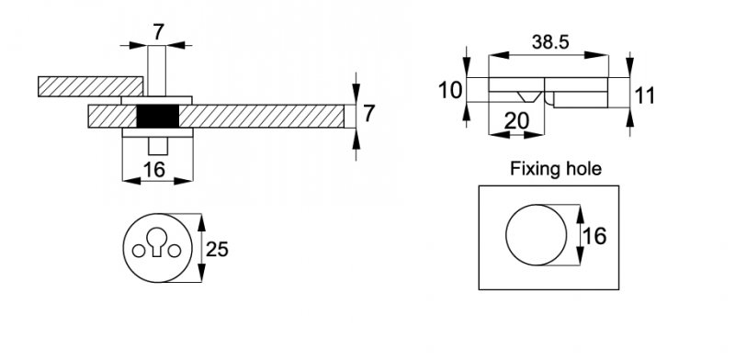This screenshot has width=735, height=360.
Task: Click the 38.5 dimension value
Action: pos(550,42)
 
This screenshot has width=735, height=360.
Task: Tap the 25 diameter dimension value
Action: pos(217,250)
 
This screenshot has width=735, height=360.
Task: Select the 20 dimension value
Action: pos(516,121)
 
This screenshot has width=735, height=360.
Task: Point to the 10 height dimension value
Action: pos(450,90)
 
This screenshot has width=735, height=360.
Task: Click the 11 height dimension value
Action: pos(644,96)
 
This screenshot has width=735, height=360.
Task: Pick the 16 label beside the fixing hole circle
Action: pos(595,236)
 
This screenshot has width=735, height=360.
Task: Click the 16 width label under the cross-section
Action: pos(154,170)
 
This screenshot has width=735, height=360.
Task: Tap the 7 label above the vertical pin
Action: pos(158,32)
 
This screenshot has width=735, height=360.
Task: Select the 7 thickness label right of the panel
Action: pos(369,114)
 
